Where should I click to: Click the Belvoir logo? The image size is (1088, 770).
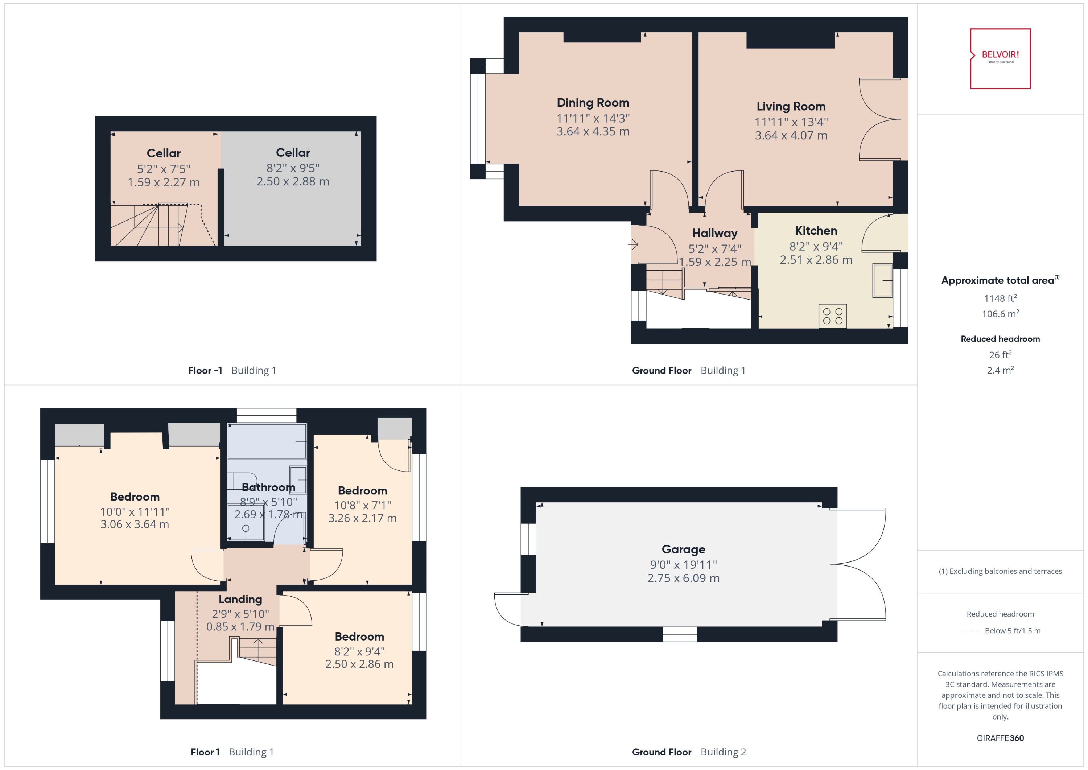tap(1000, 58)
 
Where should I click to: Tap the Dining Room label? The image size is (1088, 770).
tap(593, 103)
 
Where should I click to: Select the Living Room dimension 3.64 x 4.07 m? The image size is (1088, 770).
tap(791, 136)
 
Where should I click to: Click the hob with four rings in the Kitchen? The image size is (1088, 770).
tap(832, 316)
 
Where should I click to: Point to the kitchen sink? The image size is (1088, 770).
tap(882, 280)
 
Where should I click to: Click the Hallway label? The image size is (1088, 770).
tap(714, 233)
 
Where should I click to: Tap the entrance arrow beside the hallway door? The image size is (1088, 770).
tap(633, 245)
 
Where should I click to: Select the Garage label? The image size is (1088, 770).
tap(683, 549)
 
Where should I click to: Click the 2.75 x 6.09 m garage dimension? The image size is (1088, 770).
tap(683, 578)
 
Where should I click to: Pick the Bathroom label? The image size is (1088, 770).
tap(268, 487)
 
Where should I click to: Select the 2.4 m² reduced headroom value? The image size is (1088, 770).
tap(1000, 370)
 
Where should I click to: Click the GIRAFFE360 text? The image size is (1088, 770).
tap(1000, 738)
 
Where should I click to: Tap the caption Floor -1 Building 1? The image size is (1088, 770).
tap(232, 371)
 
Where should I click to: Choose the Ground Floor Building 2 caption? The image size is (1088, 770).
tap(688, 753)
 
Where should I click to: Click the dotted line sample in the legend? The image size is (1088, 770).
tap(969, 631)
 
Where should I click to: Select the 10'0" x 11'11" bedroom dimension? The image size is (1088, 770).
tap(135, 512)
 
